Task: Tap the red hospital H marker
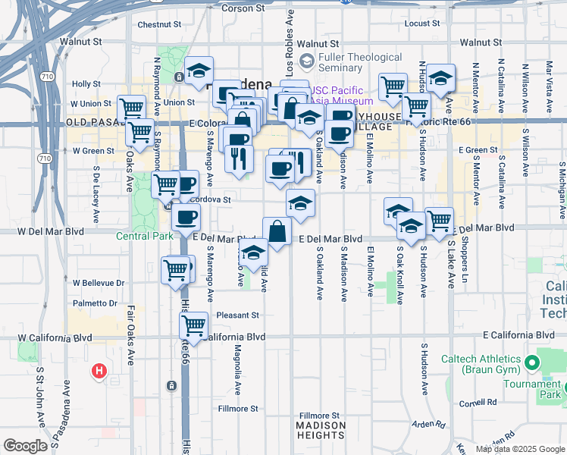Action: pyautogui.click(x=99, y=371)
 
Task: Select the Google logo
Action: pyautogui.click(x=25, y=446)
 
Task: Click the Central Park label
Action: pyautogui.click(x=144, y=236)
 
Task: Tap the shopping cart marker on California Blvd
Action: pyautogui.click(x=193, y=325)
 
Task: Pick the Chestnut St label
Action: pyautogui.click(x=158, y=24)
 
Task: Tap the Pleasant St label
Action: pyautogui.click(x=237, y=315)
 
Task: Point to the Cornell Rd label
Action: pyautogui.click(x=477, y=403)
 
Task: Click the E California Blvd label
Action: pyautogui.click(x=519, y=335)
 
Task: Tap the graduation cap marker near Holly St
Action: pyautogui.click(x=199, y=71)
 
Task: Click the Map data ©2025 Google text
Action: pyautogui.click(x=519, y=449)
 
